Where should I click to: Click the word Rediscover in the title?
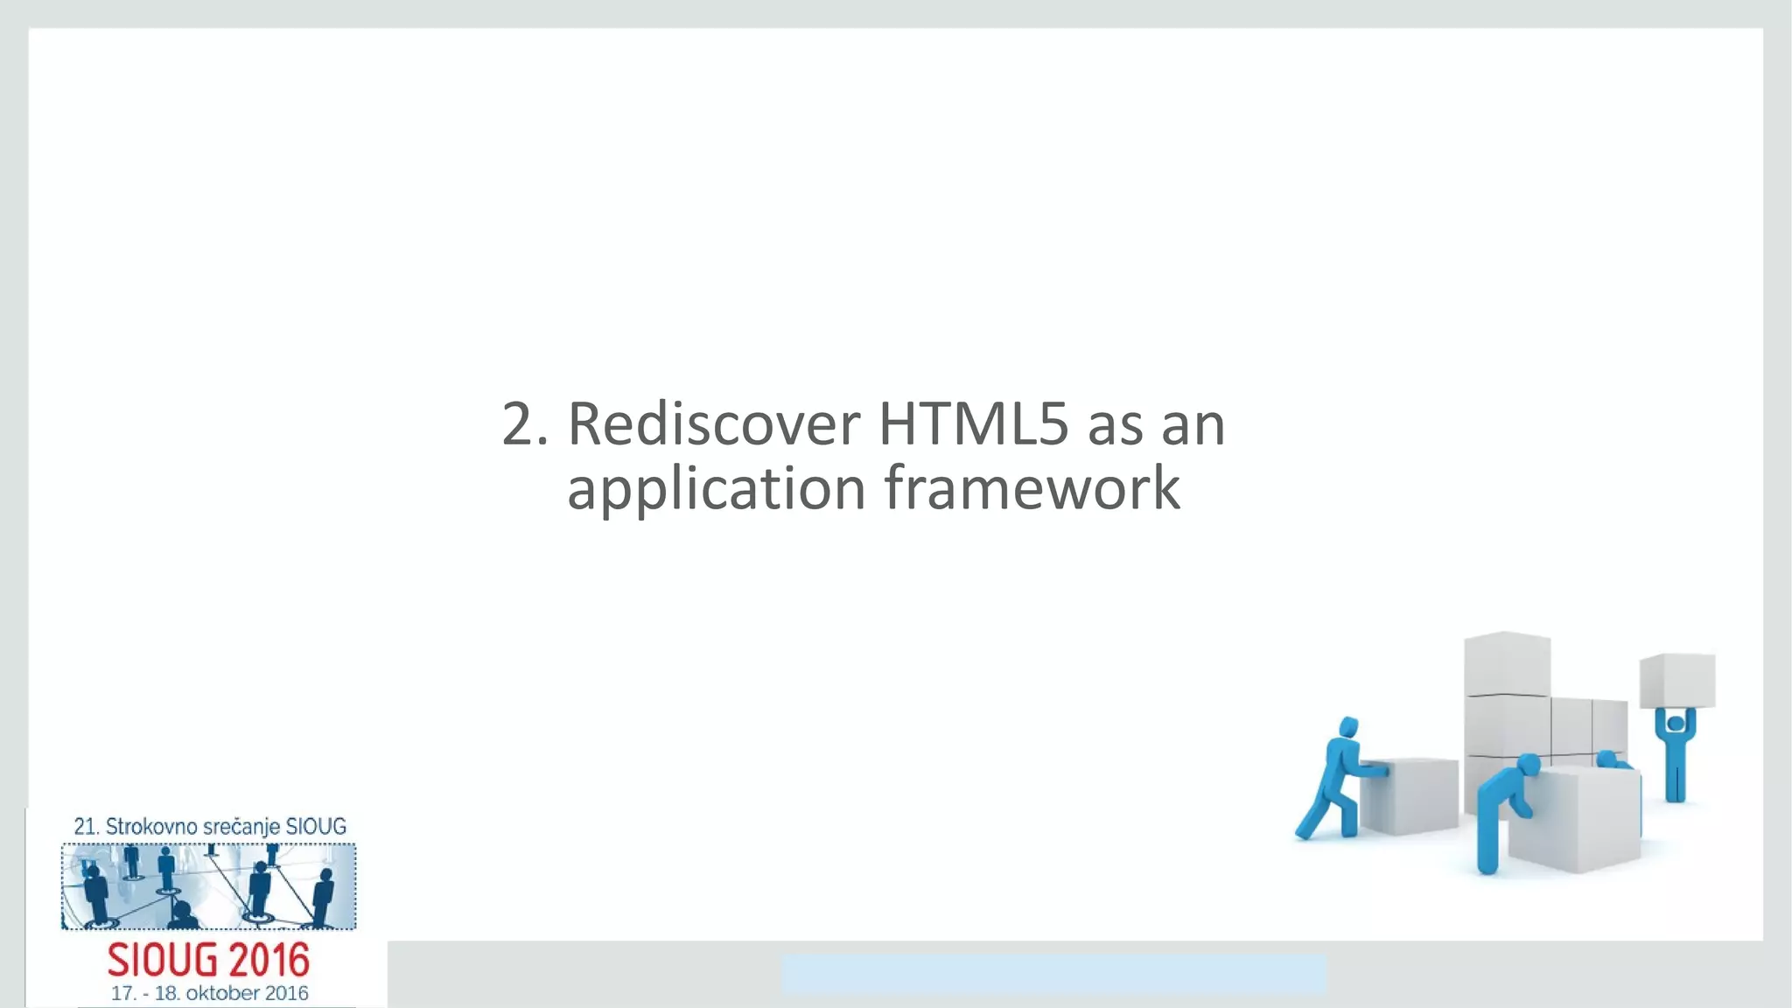713,424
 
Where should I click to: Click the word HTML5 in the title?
973,424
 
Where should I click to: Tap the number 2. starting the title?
525,424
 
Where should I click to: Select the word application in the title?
716,488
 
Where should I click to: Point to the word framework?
1032,488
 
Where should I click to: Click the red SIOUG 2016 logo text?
208,961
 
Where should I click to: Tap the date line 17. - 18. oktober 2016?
209,994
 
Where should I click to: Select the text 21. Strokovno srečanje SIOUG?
209,826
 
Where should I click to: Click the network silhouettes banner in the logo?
208,885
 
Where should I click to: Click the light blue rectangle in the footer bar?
1053,974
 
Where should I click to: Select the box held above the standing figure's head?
1677,680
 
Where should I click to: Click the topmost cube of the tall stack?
1507,663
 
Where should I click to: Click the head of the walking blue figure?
1349,727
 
